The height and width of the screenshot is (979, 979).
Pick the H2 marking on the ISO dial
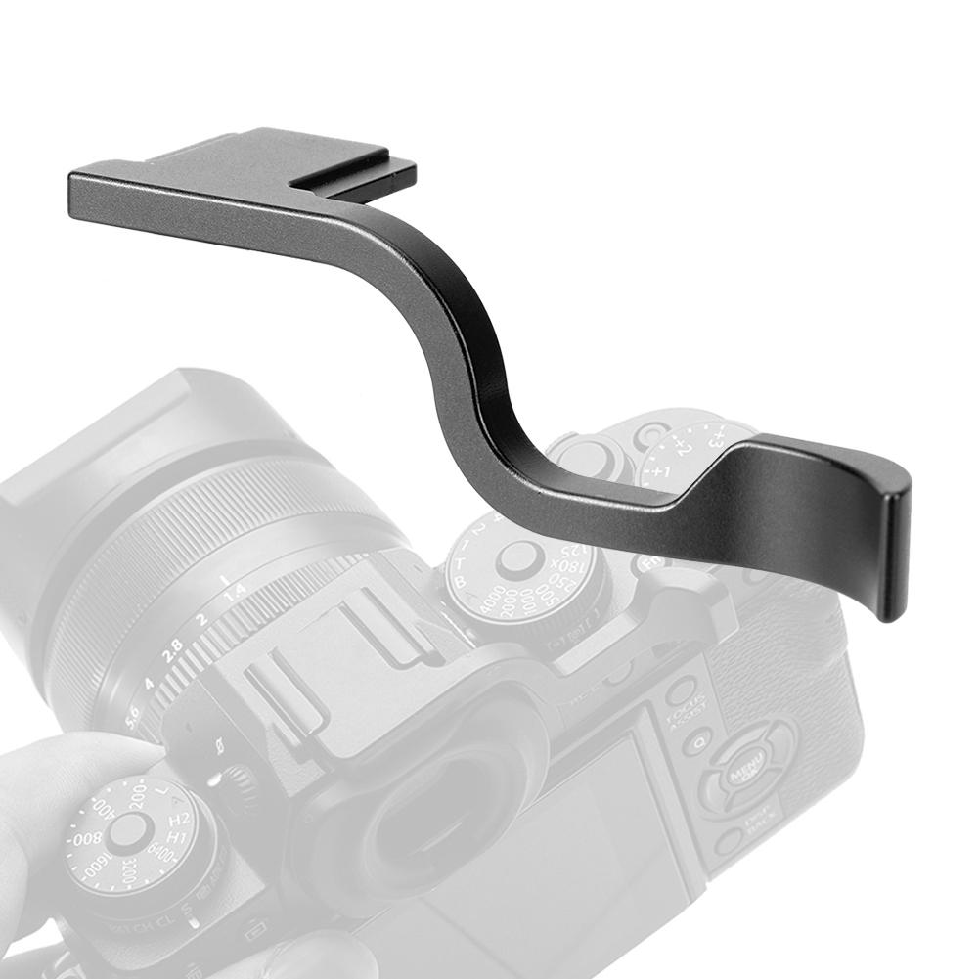pos(178,821)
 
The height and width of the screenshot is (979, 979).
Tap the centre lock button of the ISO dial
pos(127,831)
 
